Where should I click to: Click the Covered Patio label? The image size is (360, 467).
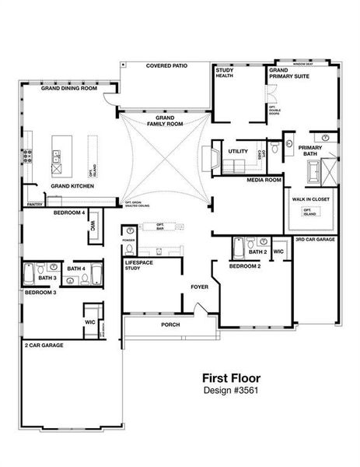[x=167, y=66]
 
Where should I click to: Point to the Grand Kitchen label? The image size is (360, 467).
[x=73, y=187]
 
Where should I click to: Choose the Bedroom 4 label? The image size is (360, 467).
[x=69, y=212]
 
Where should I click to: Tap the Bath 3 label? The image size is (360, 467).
[x=47, y=278]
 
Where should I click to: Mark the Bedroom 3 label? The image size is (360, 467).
[x=40, y=293]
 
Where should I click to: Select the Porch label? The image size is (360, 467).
[x=170, y=324]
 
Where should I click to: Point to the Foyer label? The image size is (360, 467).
[x=200, y=286]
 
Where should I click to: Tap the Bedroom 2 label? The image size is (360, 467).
[x=244, y=266]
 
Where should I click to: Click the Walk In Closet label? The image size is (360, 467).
[x=310, y=199]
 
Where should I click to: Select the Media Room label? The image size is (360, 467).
[x=264, y=180]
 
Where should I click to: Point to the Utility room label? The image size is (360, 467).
[x=238, y=151]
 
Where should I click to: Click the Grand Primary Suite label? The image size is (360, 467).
[x=288, y=73]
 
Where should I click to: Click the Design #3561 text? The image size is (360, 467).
[x=233, y=389]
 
